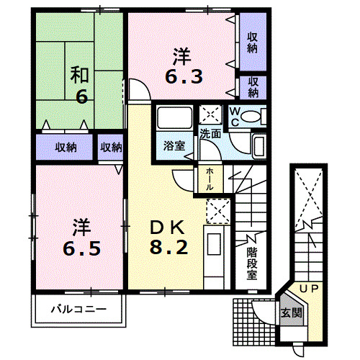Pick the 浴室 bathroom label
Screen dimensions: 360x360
point(173,145)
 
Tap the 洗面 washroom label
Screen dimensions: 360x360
point(210,134)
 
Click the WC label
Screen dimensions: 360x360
point(235,116)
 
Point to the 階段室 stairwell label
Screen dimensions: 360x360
point(252,263)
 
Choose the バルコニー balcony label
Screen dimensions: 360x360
point(78,310)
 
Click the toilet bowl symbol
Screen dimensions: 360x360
point(252,117)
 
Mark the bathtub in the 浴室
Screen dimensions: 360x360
point(172,120)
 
